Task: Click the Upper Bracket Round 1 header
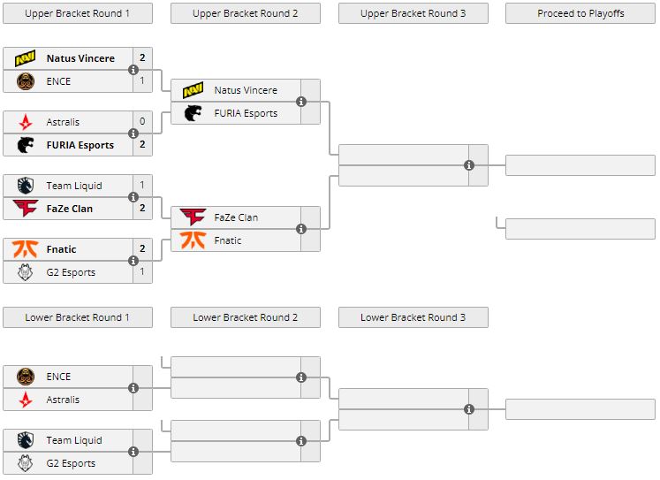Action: click(x=77, y=13)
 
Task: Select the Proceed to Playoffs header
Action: click(x=580, y=13)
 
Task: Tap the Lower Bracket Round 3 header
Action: click(x=413, y=317)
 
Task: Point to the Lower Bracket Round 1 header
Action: click(x=77, y=317)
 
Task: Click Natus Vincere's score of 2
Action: click(x=142, y=58)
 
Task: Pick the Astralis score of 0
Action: click(x=142, y=122)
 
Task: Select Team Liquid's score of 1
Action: click(x=142, y=186)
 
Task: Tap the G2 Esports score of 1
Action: click(x=142, y=272)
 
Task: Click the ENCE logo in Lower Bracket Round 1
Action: click(x=25, y=377)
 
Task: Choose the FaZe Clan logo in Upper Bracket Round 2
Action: click(x=193, y=217)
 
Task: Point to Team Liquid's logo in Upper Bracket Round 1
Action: click(x=25, y=186)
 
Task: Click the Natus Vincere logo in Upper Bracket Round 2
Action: click(x=193, y=90)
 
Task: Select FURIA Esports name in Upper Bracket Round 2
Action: click(x=246, y=113)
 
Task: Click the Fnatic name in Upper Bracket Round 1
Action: click(x=61, y=249)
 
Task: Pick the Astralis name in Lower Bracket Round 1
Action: click(x=63, y=400)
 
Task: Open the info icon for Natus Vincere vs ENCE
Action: click(x=133, y=70)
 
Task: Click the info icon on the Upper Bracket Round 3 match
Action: click(x=469, y=165)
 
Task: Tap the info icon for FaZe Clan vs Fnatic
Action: click(x=301, y=229)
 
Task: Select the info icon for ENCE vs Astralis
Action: click(x=133, y=388)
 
